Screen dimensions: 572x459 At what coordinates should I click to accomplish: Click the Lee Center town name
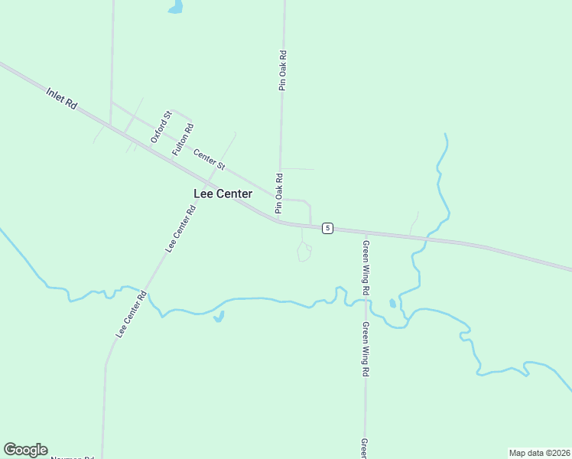coord(223,194)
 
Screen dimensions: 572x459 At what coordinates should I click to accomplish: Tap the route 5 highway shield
coord(327,228)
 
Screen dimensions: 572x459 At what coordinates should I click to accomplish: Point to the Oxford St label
coord(160,127)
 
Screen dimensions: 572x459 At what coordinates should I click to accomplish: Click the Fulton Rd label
coord(183,140)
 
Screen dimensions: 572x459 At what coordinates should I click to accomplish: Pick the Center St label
coord(209,159)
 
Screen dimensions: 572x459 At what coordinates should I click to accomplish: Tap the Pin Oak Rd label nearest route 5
coord(280,193)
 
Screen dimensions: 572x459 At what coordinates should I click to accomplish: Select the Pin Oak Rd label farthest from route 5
coord(282,71)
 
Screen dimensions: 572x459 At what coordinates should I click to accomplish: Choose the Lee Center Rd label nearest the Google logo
coord(131,314)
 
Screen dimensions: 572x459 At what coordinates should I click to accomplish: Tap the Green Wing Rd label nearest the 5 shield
coord(366,268)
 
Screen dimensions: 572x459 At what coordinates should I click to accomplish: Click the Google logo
coord(25,450)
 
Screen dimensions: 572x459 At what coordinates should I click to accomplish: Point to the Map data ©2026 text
coord(540,453)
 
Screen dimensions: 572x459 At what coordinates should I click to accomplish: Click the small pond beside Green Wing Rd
coord(392,303)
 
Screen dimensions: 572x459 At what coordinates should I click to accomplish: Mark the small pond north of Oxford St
coord(177,8)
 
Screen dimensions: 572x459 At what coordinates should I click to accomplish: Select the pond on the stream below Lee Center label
coord(219,316)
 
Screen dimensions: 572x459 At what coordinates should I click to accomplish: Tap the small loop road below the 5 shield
coord(304,252)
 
